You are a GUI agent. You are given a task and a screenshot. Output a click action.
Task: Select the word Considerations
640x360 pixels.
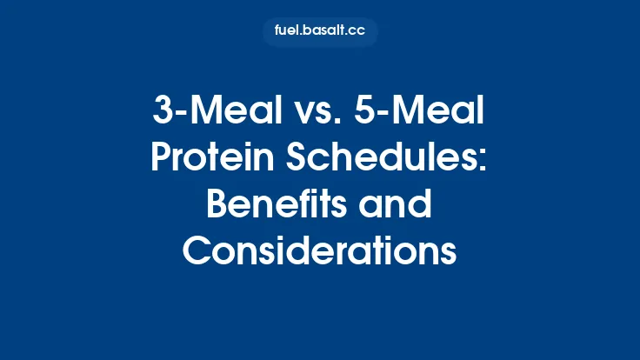320,251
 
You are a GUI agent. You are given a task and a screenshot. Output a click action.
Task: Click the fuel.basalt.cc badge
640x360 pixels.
320,32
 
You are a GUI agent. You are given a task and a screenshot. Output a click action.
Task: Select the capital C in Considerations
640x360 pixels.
199,251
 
